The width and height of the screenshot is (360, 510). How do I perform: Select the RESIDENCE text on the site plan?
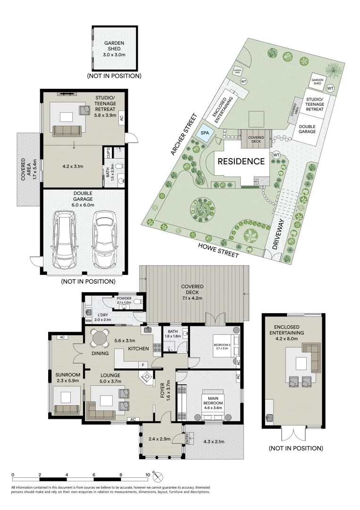point(241,161)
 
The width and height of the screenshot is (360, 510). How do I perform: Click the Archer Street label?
point(183,135)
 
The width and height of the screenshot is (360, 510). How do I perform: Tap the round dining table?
point(100,338)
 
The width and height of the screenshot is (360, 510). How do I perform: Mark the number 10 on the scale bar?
point(148,475)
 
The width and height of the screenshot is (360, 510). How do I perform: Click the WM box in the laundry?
point(88,321)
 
